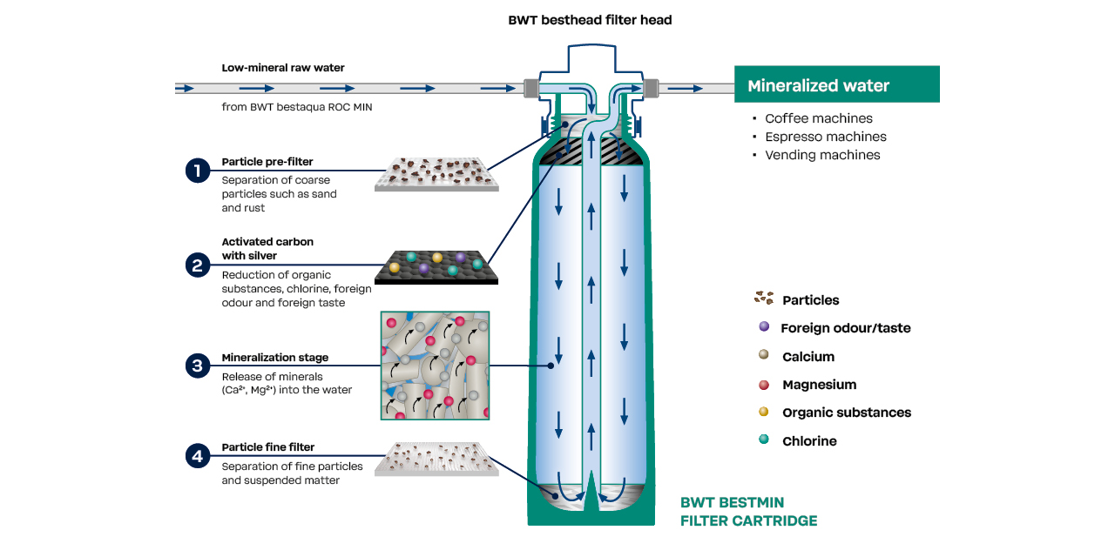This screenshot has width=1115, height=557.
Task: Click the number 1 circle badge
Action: point(198,171)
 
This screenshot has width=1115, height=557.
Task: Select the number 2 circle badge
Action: point(198,264)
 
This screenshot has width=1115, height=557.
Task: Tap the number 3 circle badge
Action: point(198,366)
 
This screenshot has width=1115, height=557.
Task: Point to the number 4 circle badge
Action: point(198,455)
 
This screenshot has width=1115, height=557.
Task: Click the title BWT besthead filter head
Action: point(590,20)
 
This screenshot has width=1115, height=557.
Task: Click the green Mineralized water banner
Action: point(836,85)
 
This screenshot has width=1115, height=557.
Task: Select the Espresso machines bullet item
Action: point(825,137)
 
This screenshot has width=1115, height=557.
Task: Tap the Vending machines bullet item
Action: point(822,155)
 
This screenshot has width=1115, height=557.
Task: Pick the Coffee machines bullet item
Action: point(818,118)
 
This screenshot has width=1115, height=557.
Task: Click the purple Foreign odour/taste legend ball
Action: point(764,327)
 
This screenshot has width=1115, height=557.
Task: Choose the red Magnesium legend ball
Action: point(764,384)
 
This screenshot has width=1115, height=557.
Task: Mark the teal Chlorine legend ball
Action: point(764,440)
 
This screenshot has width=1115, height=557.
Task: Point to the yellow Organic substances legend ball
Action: point(764,412)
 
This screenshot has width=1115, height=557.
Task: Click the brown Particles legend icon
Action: point(763,299)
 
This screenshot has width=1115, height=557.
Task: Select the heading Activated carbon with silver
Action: point(267,248)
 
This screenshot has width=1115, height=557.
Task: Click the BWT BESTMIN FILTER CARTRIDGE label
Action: point(748,512)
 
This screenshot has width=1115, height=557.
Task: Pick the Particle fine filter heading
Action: point(267,447)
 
